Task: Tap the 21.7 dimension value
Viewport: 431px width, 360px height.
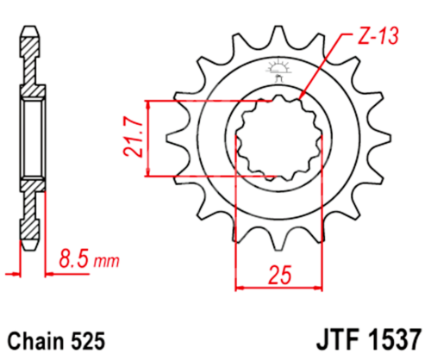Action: (131, 139)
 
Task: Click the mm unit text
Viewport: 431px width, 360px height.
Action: (106, 259)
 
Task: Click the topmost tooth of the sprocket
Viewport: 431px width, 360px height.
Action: (278, 38)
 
